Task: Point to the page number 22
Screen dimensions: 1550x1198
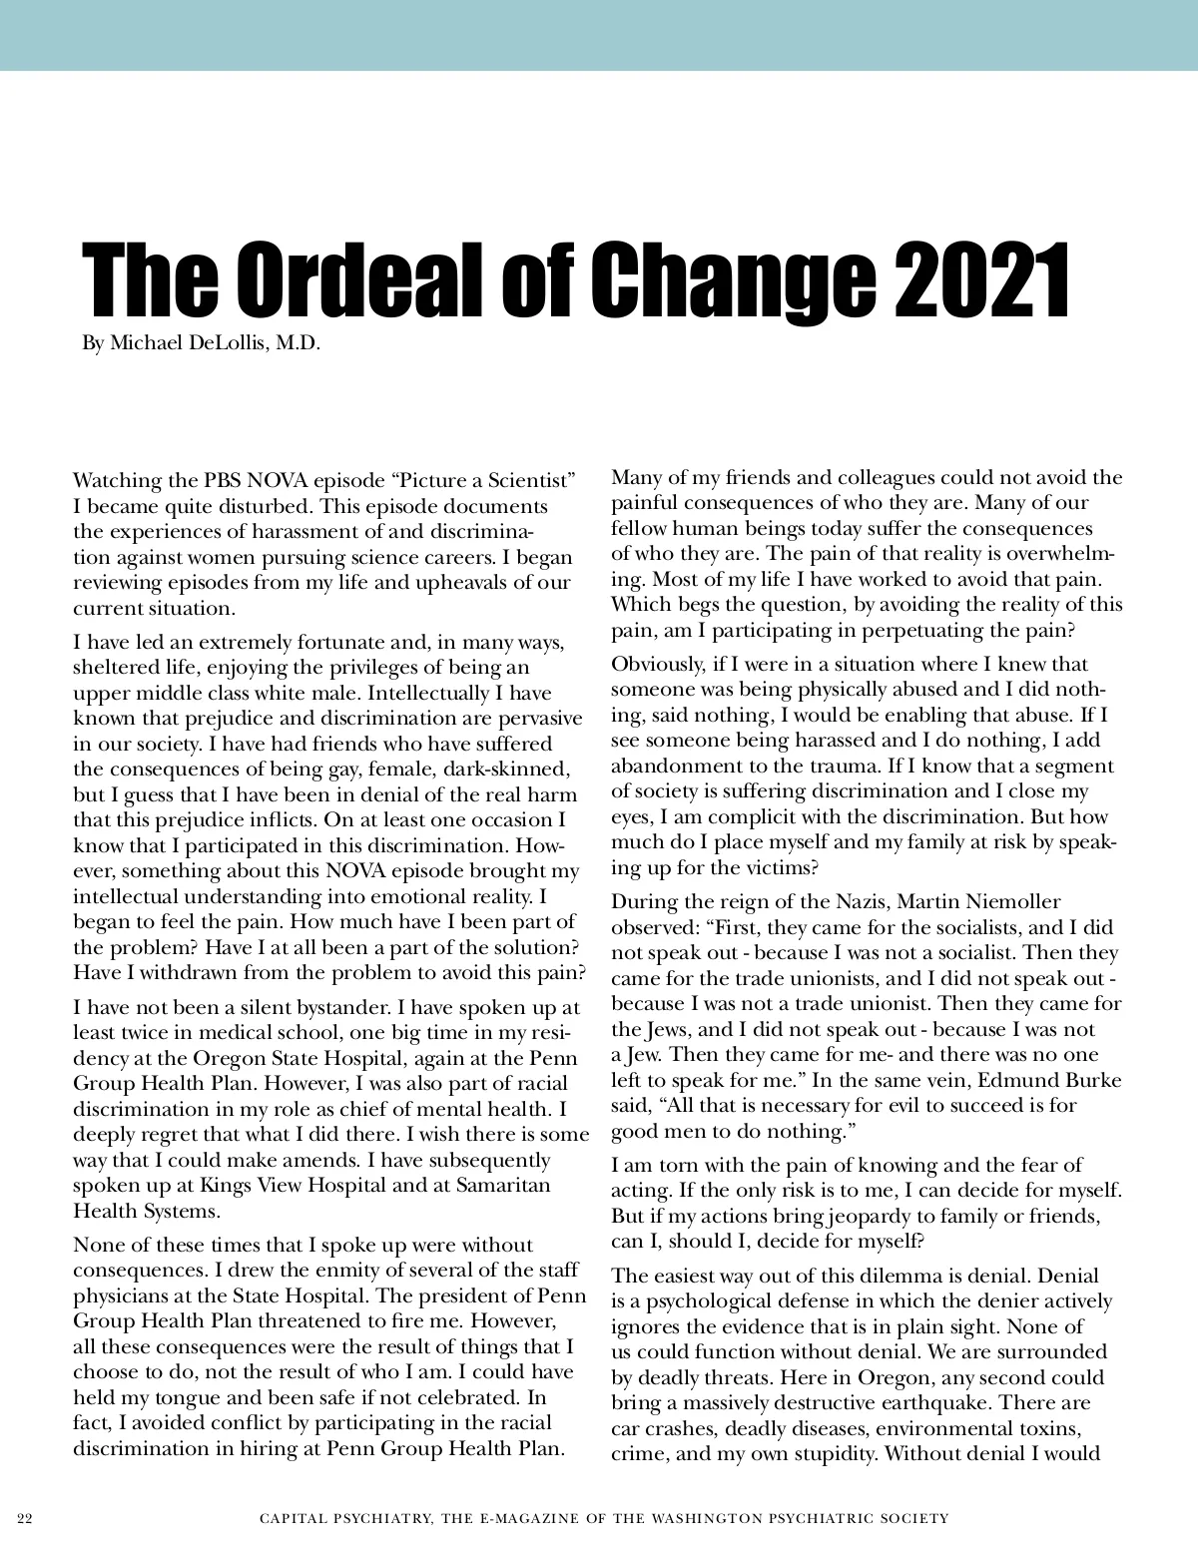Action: (25, 1518)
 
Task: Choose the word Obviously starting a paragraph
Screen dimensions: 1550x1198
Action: (659, 665)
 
